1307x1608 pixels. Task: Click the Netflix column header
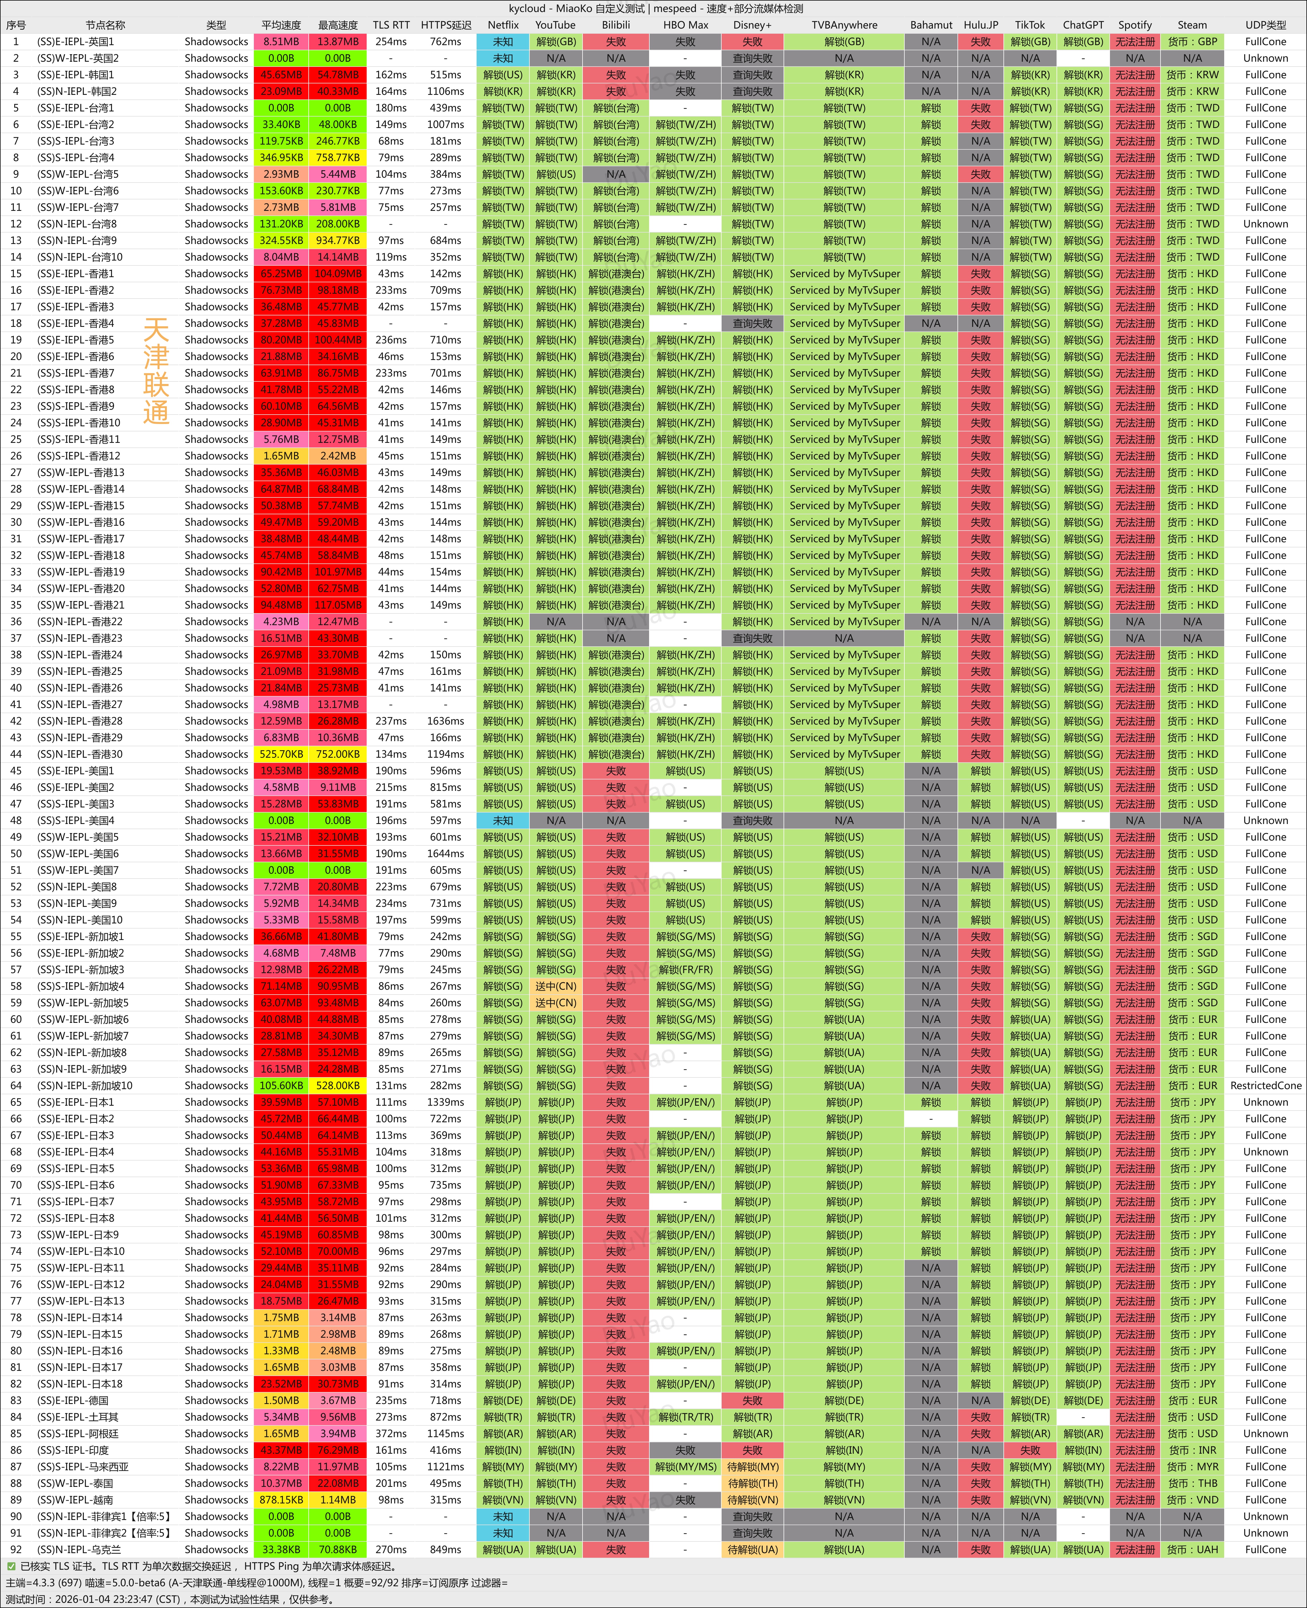[503, 25]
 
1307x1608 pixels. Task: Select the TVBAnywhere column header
[844, 25]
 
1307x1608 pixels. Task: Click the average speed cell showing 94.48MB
[281, 605]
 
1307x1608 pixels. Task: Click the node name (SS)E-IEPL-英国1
[75, 41]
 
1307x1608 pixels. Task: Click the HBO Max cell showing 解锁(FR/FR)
[685, 969]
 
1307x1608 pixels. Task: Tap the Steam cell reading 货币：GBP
[1192, 41]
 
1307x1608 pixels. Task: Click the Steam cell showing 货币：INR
[1192, 1450]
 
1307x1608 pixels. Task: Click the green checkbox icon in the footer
[11, 1566]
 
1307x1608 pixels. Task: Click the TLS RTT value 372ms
[391, 1433]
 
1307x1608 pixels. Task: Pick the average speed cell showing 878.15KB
[281, 1499]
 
